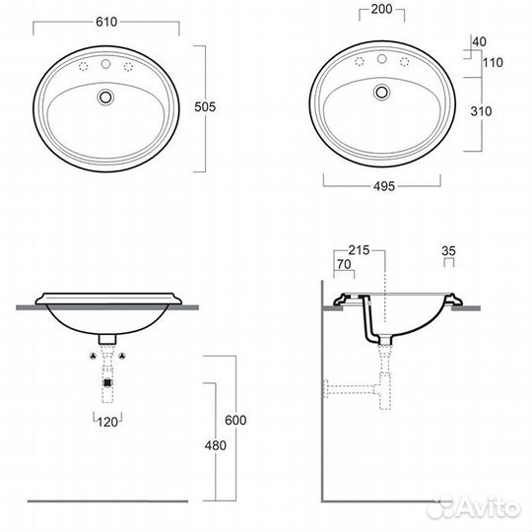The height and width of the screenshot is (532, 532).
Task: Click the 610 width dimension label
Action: pyautogui.click(x=106, y=22)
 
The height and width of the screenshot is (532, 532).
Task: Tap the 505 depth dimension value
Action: pyautogui.click(x=205, y=107)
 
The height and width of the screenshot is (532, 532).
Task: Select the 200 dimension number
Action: pyautogui.click(x=381, y=9)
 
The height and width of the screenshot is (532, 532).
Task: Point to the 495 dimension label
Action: pyautogui.click(x=384, y=186)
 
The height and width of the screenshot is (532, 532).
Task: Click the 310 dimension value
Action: pyautogui.click(x=481, y=111)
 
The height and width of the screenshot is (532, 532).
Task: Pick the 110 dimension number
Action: pyautogui.click(x=493, y=62)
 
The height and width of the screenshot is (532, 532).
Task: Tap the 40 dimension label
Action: pyautogui.click(x=480, y=41)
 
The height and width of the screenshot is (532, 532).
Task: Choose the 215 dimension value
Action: pyautogui.click(x=359, y=250)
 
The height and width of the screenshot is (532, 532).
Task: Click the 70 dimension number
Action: pyautogui.click(x=344, y=264)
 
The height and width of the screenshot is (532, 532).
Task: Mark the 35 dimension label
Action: pyautogui.click(x=448, y=251)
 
